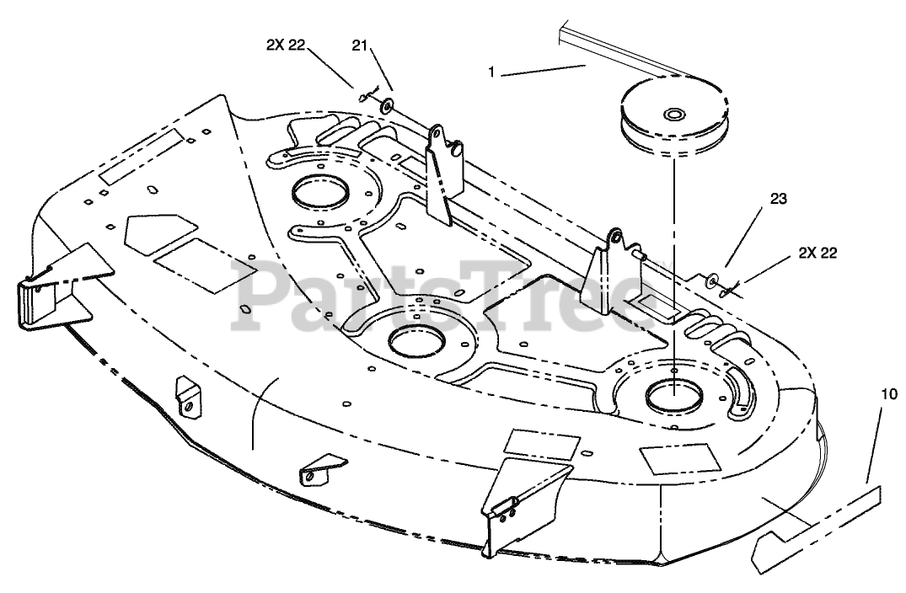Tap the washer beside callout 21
click(x=386, y=105)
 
